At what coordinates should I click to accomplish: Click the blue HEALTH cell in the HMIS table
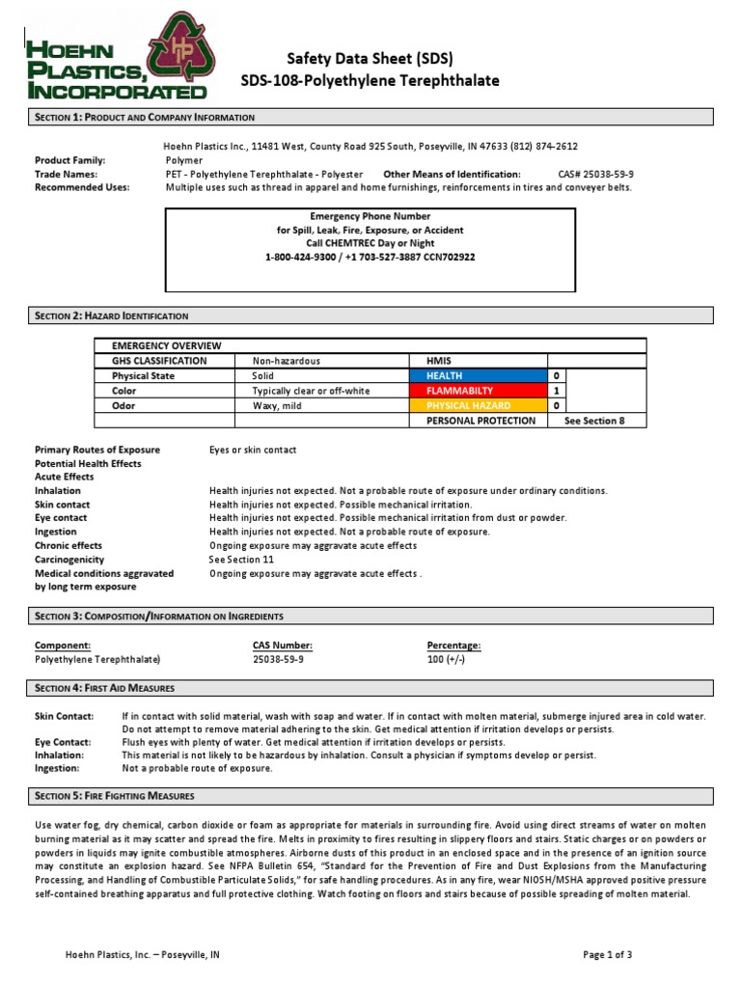(479, 375)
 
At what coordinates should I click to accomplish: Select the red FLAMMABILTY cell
(479, 391)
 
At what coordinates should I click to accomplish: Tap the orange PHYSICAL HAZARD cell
(479, 406)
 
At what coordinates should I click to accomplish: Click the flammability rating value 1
(556, 391)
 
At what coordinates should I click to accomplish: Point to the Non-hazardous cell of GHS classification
(286, 360)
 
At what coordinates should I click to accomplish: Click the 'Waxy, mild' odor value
(277, 406)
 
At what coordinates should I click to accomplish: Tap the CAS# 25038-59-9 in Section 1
(595, 174)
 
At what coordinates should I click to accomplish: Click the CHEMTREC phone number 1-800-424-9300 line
(370, 258)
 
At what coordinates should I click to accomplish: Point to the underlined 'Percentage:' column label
(453, 645)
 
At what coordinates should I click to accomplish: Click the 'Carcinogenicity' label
(71, 559)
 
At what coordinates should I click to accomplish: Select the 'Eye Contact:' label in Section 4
(63, 742)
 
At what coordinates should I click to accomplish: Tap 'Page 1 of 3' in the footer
(608, 954)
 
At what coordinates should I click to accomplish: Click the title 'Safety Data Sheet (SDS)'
(370, 58)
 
